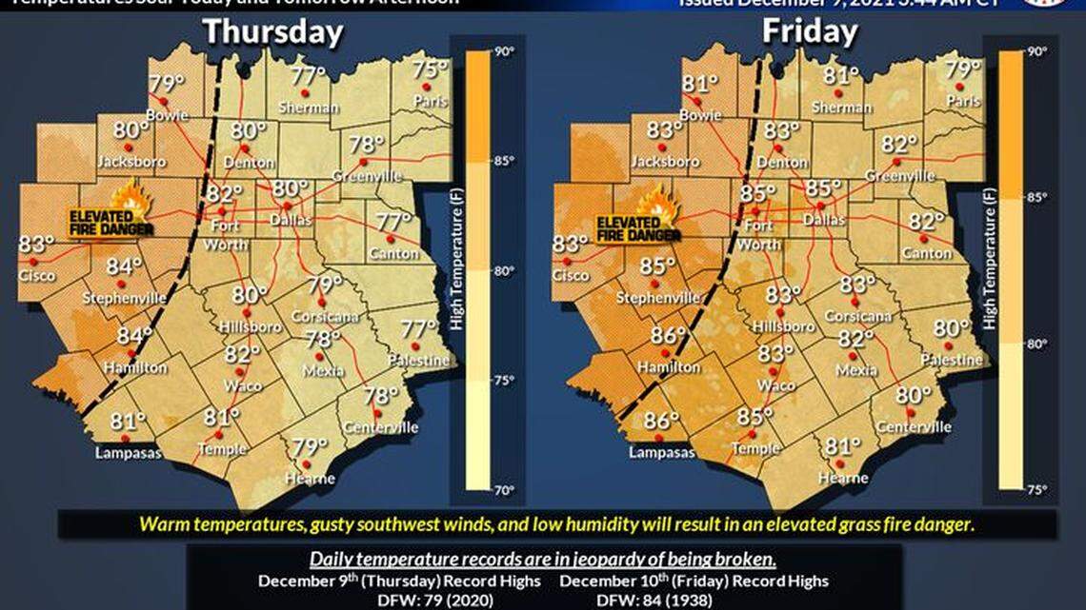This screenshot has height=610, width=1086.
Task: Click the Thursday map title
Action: click(x=272, y=32)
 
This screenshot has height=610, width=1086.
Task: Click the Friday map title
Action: click(x=809, y=32)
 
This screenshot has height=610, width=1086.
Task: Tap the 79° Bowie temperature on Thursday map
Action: click(x=165, y=84)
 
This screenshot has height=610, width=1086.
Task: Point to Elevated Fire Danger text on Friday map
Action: click(x=638, y=228)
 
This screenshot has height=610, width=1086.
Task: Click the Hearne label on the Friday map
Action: click(x=843, y=478)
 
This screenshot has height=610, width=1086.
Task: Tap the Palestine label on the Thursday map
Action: click(x=424, y=361)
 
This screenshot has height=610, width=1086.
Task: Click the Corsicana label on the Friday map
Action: click(x=857, y=315)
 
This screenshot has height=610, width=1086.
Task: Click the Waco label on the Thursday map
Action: click(x=242, y=385)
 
